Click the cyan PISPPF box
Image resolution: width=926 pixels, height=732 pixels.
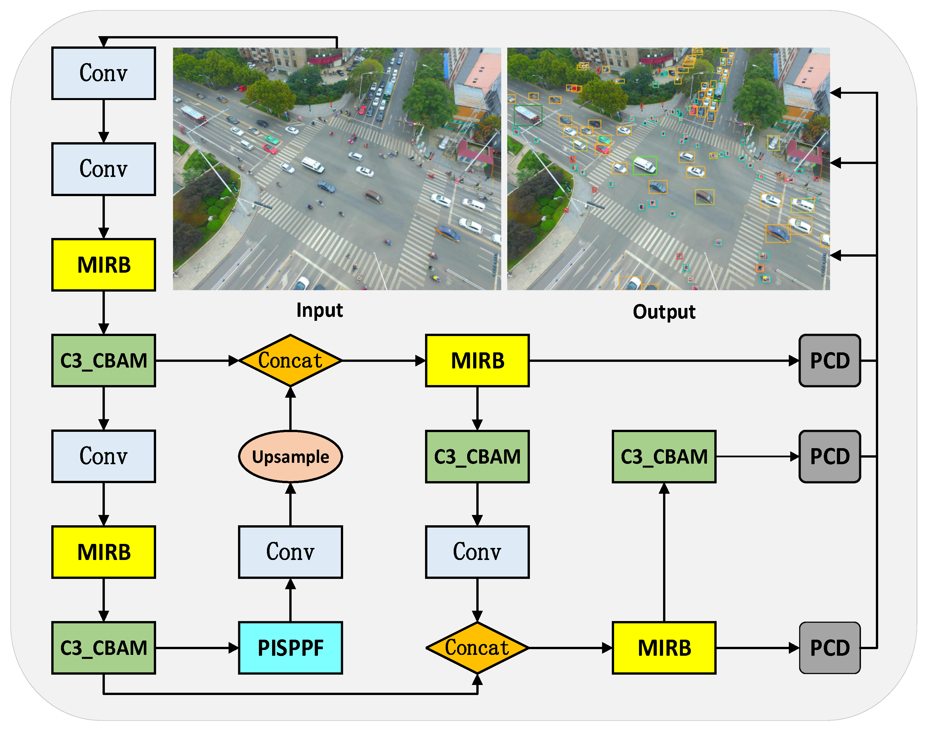[x=290, y=648]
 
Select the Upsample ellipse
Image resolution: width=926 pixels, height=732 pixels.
[x=290, y=456]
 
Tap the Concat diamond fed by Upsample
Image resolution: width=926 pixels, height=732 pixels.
[x=290, y=360]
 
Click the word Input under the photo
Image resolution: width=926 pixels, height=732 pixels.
[x=319, y=310]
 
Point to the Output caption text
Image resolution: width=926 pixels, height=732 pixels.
[x=664, y=312]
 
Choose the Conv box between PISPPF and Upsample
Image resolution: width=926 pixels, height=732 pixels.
[x=290, y=552]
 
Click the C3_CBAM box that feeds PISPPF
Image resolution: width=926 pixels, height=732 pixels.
[x=104, y=648]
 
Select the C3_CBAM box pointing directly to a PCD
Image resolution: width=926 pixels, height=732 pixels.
[x=664, y=456]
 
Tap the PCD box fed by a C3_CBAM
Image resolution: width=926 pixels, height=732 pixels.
[x=830, y=456]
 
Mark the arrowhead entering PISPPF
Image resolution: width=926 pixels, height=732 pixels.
[x=234, y=648]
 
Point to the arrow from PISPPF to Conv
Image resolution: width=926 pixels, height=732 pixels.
[x=290, y=600]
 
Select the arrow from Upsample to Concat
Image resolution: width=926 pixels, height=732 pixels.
[x=290, y=408]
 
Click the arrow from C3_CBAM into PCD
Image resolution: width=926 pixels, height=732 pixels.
[x=757, y=456]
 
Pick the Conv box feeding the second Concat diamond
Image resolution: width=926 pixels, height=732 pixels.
[x=477, y=552]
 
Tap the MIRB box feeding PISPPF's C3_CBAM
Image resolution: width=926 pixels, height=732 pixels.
[x=104, y=552]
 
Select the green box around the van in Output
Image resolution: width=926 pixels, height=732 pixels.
[x=645, y=165]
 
